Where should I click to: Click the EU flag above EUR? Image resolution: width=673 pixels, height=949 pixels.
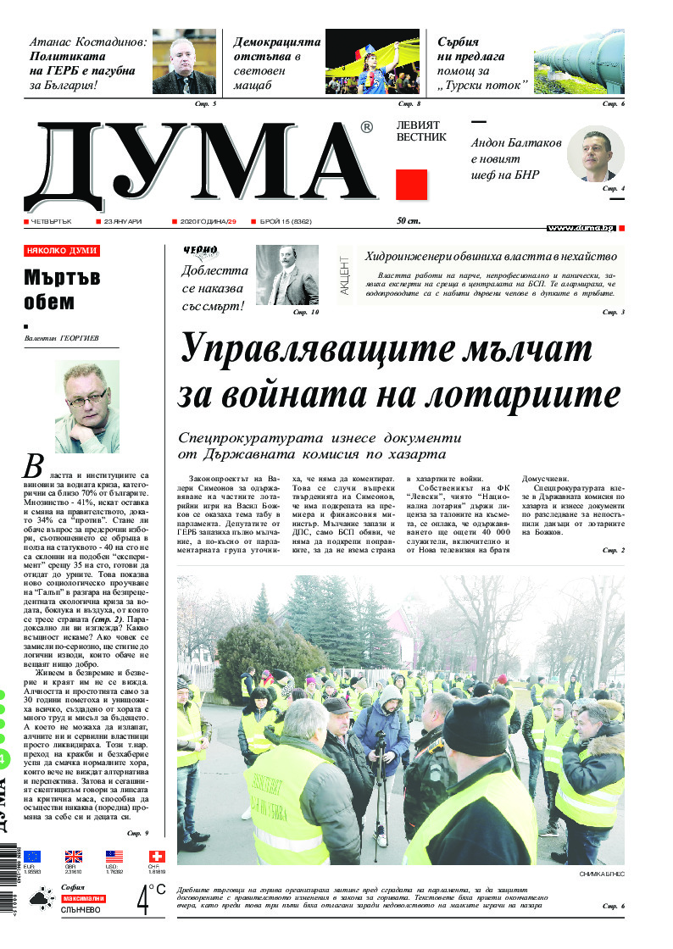(x=32, y=857)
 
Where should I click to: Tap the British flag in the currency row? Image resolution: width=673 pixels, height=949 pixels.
(x=73, y=857)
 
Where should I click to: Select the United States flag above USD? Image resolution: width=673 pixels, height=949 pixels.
(x=114, y=857)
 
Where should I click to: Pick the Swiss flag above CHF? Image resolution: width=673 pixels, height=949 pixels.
(x=157, y=857)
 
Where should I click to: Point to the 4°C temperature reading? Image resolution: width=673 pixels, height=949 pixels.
(x=151, y=899)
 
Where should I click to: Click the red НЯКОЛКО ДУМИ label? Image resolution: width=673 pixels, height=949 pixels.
(x=62, y=251)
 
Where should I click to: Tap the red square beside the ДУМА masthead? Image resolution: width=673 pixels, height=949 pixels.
(x=412, y=184)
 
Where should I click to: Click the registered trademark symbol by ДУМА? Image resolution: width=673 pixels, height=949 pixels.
(x=366, y=128)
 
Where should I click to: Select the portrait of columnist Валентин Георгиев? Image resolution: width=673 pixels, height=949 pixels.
(x=87, y=407)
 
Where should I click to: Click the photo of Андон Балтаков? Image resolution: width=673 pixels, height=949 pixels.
(x=595, y=153)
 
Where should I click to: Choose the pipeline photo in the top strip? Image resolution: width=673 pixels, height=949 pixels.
(x=579, y=64)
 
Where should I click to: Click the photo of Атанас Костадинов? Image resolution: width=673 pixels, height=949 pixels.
(x=184, y=64)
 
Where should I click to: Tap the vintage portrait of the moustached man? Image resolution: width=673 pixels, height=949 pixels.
(x=287, y=275)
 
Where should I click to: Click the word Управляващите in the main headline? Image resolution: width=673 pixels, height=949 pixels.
(x=311, y=350)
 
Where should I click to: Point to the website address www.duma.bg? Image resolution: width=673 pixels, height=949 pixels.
(x=581, y=228)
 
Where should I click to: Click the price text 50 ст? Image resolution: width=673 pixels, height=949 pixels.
(x=409, y=221)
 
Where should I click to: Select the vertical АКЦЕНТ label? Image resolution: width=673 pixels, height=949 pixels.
(x=345, y=275)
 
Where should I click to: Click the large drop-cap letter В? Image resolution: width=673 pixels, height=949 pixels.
(x=33, y=466)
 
